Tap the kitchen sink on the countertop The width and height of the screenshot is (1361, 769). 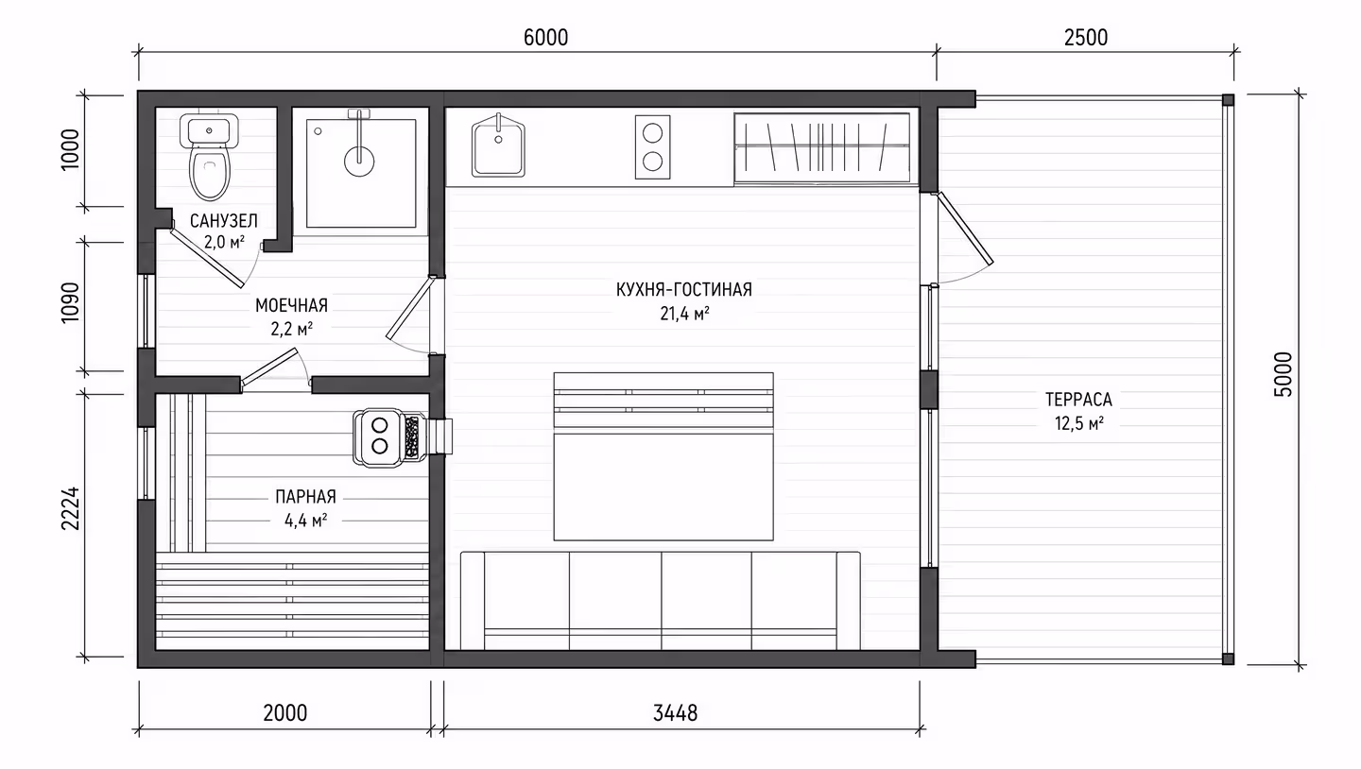pos(498,145)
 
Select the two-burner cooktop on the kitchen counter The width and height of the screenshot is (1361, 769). pos(652,147)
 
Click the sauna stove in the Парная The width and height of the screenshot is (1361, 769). pos(389,436)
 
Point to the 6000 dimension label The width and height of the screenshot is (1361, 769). pos(545,38)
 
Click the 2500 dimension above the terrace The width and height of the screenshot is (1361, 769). pos(1086,38)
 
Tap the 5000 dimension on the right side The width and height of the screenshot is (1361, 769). pos(1283,374)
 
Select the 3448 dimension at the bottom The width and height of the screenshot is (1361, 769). pos(675,713)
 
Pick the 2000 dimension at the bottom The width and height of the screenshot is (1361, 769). pos(285,713)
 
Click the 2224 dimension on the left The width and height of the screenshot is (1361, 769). pos(71,508)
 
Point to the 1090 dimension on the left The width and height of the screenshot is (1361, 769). pos(71,302)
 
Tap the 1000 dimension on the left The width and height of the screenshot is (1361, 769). pos(71,149)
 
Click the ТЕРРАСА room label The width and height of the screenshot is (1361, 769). pos(1078,400)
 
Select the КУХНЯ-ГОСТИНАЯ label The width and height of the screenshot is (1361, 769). pos(684,290)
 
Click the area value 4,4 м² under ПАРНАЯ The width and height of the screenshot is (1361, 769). pos(306,521)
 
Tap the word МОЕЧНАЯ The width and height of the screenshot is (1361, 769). pos(291,305)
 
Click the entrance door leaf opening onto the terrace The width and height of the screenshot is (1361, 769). pos(966,229)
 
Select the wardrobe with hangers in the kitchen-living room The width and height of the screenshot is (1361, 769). pos(822,148)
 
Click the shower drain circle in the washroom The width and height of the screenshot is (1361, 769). pos(359,162)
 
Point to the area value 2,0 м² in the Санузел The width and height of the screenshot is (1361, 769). pos(224,243)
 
